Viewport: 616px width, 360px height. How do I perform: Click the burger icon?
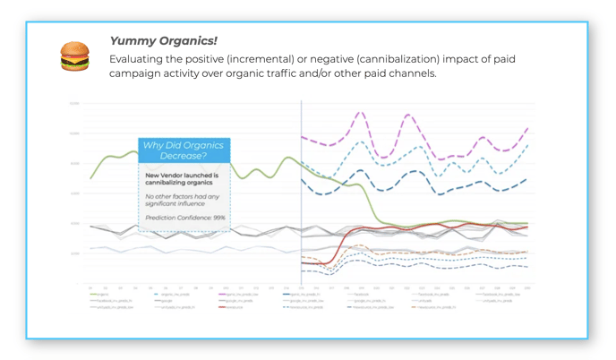(x=74, y=56)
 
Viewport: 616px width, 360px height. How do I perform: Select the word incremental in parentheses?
(x=278, y=59)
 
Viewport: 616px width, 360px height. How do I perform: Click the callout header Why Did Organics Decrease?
(x=184, y=150)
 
